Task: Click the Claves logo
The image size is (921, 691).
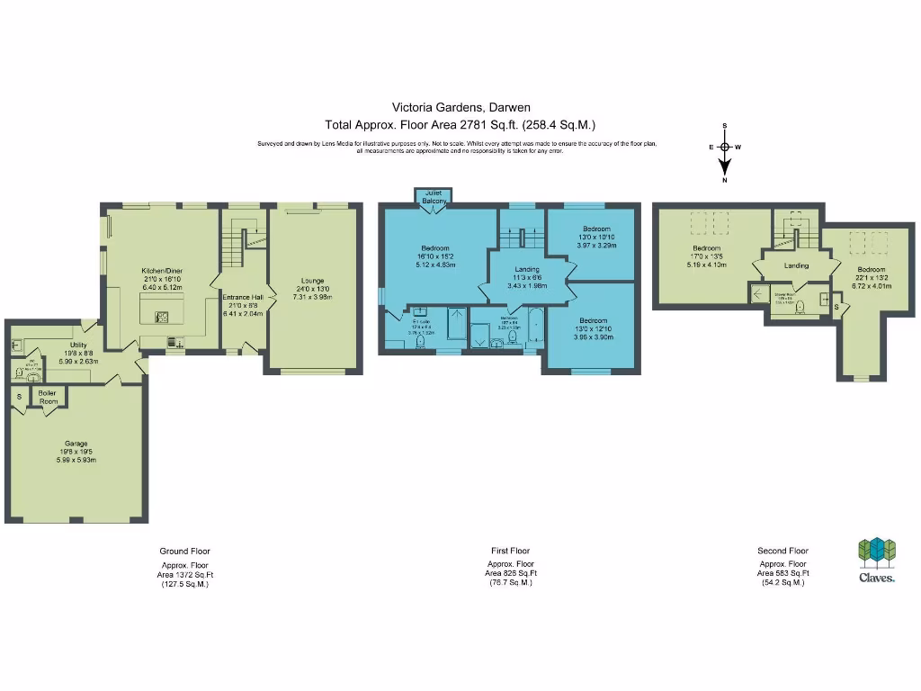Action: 874,561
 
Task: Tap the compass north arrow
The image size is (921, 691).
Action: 725,166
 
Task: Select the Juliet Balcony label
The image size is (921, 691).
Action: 434,196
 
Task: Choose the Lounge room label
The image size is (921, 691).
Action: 313,281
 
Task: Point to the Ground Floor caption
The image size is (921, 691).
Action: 184,551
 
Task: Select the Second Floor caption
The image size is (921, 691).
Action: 782,551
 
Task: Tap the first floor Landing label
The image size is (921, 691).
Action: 526,269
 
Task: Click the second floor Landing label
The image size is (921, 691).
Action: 796,265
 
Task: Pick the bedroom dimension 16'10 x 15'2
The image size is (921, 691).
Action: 435,256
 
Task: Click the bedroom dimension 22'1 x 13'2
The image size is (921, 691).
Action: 871,278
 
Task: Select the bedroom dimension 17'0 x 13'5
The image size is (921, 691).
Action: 706,256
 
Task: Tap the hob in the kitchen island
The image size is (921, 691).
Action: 163,316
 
